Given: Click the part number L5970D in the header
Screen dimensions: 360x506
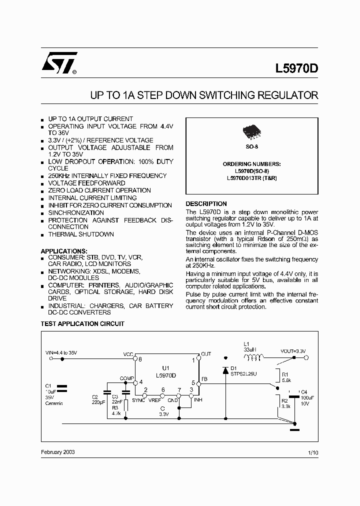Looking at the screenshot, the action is (297, 69).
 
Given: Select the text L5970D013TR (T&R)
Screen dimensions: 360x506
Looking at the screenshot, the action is (252, 178).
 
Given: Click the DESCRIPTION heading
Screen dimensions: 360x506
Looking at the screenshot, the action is (206, 204).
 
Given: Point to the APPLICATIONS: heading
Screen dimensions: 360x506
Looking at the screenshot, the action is (64, 250).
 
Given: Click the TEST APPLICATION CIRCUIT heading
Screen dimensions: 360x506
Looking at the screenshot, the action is (82, 324).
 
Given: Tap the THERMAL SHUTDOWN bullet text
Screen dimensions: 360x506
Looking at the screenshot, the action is (81, 234).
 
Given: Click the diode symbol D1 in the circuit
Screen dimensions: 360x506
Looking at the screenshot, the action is (225, 370).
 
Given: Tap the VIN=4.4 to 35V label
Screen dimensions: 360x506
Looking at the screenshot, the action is (61, 353).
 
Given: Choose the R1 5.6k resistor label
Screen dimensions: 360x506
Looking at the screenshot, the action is (285, 376).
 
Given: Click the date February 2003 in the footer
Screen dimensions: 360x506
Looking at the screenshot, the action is (58, 451).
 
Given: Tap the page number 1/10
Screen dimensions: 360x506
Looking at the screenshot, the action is (313, 452).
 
